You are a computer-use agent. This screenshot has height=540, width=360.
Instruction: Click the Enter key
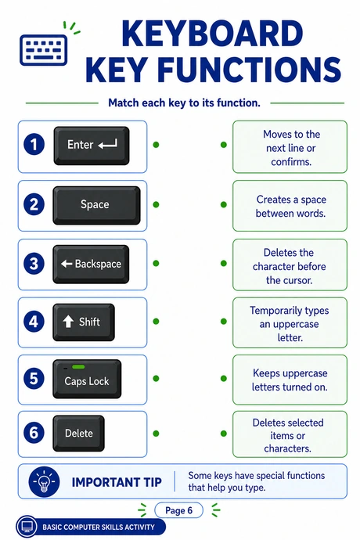92,146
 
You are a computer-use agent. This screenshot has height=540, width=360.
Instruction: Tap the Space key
96,205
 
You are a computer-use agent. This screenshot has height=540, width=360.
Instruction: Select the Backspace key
91,265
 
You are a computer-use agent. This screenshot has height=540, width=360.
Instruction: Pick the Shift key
84,322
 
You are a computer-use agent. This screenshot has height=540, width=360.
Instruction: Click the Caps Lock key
87,379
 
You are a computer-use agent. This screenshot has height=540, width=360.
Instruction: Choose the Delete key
78,434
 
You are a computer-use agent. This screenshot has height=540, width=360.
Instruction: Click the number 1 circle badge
34,144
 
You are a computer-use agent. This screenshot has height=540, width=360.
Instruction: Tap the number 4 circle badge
34,322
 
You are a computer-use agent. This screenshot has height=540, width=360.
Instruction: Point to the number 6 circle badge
34,433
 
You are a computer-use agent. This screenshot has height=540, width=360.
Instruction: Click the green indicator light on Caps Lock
78,367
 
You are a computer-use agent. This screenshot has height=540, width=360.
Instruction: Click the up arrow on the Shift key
68,322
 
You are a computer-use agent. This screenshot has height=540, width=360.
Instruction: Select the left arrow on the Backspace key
67,265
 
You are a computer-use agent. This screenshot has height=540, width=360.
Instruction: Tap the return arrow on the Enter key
107,144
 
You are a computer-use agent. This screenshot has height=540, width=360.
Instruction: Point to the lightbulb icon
44,481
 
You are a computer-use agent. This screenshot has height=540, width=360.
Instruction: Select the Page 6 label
178,510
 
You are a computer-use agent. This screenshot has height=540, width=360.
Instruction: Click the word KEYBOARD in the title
212,34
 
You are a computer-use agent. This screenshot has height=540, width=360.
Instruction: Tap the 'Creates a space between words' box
290,206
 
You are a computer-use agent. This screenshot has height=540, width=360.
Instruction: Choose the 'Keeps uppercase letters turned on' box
290,380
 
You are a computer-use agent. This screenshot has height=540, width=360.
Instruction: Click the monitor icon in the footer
27,527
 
